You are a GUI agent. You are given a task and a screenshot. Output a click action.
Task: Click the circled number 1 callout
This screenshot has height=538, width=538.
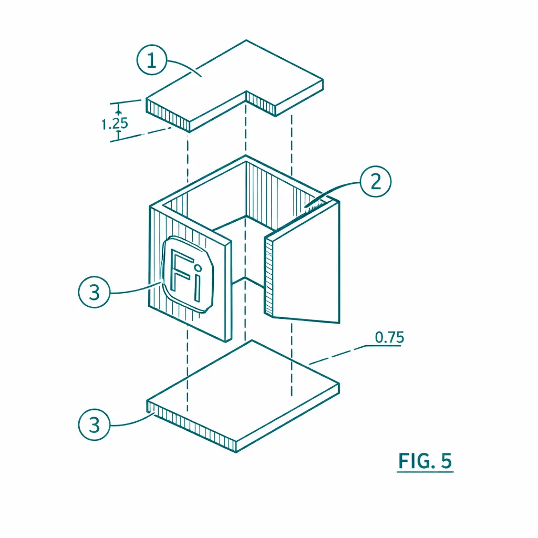[x=152, y=60]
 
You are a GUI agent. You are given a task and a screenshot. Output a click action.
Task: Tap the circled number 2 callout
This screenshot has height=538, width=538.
[x=376, y=181]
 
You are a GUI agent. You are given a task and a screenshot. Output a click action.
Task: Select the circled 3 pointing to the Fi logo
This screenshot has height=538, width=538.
[x=95, y=292]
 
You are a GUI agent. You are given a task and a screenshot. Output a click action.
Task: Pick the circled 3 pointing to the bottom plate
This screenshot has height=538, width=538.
[x=95, y=425]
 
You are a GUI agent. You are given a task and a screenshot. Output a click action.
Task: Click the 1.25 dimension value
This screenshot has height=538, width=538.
[x=115, y=123]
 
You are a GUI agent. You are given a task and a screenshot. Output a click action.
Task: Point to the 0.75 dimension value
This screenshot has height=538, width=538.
[x=389, y=337]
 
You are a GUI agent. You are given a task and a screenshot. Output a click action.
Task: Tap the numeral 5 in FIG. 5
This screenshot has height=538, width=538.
[x=447, y=461]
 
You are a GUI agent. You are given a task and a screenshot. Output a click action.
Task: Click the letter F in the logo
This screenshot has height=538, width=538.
[x=180, y=271]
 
